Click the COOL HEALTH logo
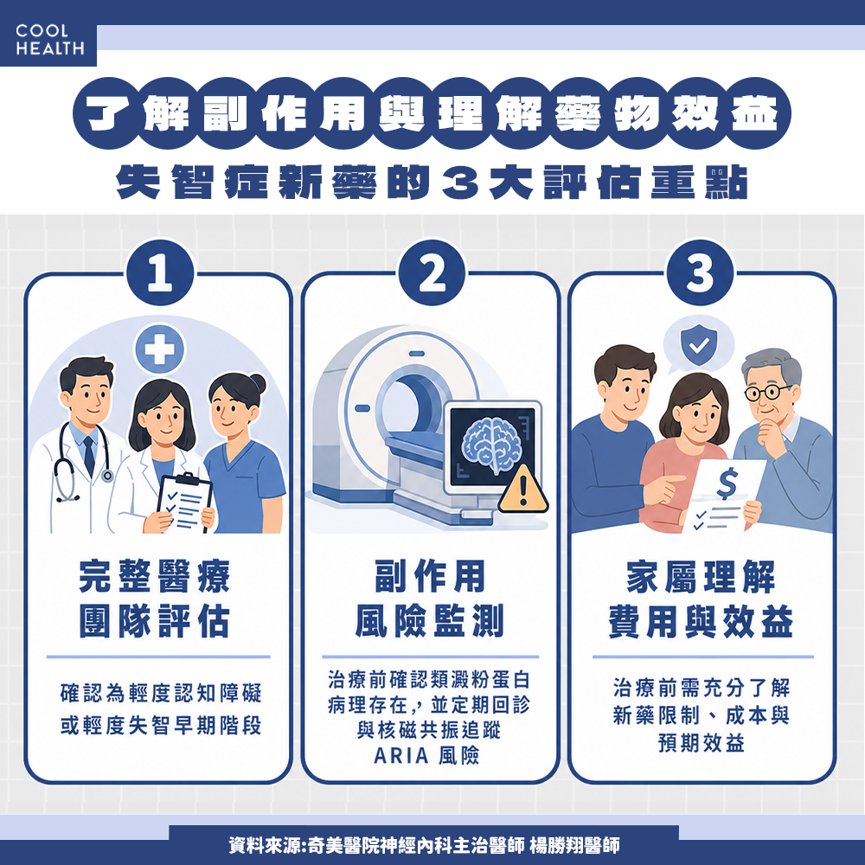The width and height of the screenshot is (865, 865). (x=49, y=40)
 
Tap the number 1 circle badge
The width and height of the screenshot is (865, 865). (x=160, y=276)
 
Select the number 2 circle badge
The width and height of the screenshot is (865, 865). (x=432, y=276)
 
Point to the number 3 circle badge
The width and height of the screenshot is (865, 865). (x=700, y=276)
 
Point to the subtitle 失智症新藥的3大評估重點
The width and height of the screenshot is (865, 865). (x=432, y=185)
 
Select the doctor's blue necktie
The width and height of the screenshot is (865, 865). (x=88, y=456)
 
